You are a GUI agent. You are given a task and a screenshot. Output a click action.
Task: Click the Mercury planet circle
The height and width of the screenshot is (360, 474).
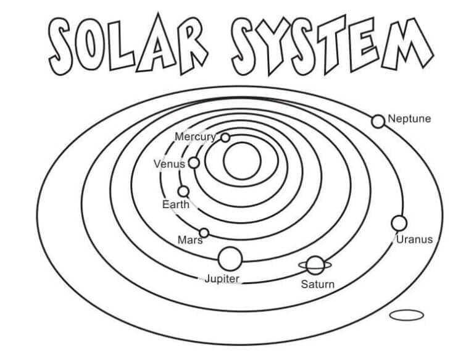[225, 138]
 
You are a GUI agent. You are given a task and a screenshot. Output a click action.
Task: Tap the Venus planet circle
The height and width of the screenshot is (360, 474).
[194, 163]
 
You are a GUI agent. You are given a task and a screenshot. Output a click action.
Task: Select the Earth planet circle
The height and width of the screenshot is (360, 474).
[183, 191]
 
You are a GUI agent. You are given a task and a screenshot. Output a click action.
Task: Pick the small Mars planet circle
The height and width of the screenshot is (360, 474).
[204, 233]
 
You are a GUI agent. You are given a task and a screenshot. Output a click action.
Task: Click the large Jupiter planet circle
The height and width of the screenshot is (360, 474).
[230, 259]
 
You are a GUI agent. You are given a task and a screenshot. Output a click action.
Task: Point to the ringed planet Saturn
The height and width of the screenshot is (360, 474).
[315, 266]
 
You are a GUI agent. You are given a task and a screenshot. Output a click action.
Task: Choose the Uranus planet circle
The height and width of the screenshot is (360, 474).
[399, 224]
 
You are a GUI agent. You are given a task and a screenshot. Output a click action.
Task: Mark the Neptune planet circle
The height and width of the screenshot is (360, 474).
[378, 121]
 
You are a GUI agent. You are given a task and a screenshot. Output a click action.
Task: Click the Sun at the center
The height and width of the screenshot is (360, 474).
[242, 161]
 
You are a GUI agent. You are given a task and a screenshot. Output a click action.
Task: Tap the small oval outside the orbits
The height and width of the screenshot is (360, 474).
[407, 315]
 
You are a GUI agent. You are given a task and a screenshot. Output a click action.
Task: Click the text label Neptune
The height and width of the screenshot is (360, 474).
[409, 119]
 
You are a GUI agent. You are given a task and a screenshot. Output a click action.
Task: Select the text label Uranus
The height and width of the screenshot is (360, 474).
[415, 240]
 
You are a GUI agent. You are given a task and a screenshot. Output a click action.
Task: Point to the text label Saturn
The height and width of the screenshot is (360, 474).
[318, 285]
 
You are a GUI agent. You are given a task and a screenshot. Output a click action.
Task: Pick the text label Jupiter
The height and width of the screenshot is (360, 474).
[222, 279]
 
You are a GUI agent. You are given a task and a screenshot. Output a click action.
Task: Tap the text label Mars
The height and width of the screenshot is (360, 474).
[190, 240]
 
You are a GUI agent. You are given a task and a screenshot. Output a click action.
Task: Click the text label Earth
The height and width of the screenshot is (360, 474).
[176, 204]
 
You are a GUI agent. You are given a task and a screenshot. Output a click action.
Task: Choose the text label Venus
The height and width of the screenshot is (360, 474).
[169, 164]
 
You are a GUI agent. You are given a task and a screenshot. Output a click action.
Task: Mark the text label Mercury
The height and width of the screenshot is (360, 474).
[196, 137]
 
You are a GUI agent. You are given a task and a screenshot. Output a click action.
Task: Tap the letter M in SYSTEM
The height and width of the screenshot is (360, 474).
[407, 44]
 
